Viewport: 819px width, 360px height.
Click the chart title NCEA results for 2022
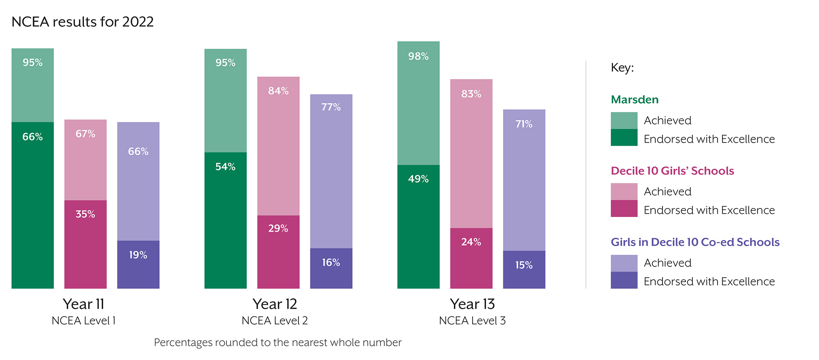coord(83,22)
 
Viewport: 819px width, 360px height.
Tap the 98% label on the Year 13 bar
coord(418,57)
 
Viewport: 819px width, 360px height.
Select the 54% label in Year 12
coord(225,167)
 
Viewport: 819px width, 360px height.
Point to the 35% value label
coord(85,214)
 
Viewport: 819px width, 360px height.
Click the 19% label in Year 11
coord(138,255)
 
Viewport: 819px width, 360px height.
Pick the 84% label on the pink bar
coord(278,91)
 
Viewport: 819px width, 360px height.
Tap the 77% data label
coord(331,107)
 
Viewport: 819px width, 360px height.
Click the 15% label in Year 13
coord(524,265)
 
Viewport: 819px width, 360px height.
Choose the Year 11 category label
coord(84,304)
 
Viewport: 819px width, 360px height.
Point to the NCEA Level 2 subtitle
coord(274,321)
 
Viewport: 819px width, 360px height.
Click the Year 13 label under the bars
coord(472,304)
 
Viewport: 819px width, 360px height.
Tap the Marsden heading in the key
coord(634,100)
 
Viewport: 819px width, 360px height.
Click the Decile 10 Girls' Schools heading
coord(672,171)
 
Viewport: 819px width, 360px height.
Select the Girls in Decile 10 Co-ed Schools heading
coord(695,242)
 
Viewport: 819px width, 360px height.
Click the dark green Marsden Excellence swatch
coord(624,138)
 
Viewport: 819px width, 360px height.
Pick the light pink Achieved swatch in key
coord(624,191)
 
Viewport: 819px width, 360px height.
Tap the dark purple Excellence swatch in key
coord(624,281)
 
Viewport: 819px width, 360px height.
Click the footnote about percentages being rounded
coord(278,342)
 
